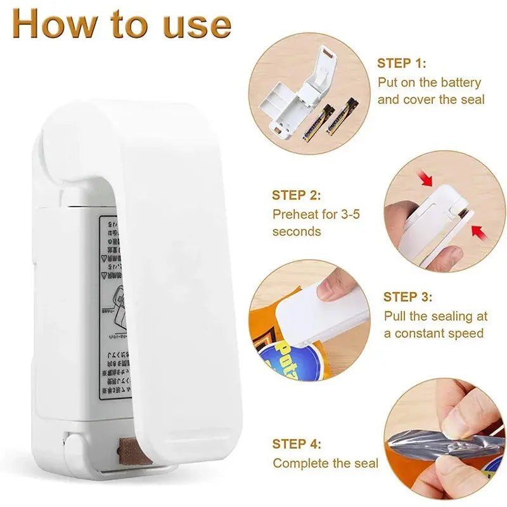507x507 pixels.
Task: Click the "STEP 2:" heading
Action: click(x=297, y=195)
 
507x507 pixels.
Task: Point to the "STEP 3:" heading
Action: click(x=408, y=297)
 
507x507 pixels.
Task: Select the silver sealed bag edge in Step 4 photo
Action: click(x=444, y=444)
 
